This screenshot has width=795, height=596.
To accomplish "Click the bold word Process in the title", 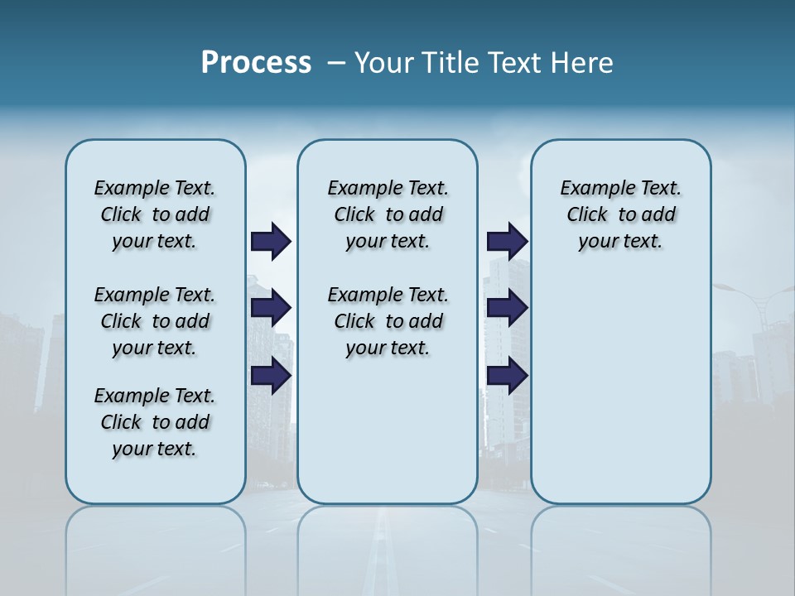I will [256, 62].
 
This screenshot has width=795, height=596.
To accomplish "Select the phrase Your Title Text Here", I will [484, 63].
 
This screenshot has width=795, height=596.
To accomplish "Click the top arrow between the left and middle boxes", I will [271, 242].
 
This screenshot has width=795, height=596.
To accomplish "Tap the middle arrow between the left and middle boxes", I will [271, 309].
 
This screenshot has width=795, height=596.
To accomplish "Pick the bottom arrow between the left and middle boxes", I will [271, 375].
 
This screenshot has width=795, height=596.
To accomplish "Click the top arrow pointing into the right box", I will [507, 242].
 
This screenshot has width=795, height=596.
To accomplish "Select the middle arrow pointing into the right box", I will [507, 309].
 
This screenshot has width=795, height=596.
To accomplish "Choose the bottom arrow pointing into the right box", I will [507, 375].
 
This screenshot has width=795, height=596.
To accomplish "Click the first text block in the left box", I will [155, 214].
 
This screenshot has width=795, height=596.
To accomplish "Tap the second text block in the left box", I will [155, 321].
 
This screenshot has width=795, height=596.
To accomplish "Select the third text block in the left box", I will [155, 422].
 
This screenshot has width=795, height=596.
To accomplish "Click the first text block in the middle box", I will [388, 214].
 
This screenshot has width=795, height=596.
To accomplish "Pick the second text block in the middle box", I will [388, 321].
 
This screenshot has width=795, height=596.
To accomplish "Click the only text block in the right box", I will [620, 214].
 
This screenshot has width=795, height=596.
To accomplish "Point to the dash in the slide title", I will [336, 63].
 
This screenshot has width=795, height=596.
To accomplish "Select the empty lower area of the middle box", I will [388, 430].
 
